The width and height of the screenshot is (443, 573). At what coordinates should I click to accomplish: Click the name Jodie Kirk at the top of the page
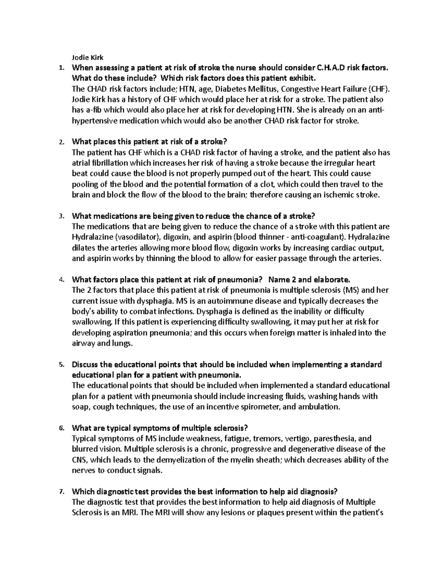87,57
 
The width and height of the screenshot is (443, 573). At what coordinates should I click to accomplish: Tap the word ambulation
320,407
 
